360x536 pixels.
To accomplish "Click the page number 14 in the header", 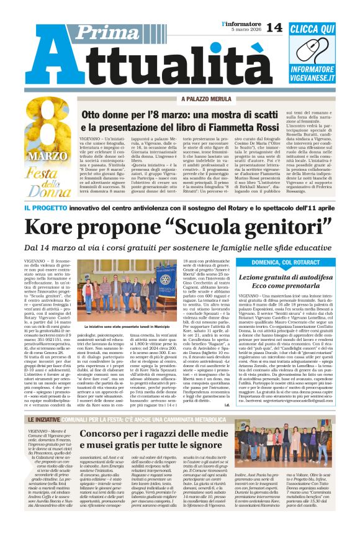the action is tap(274, 27).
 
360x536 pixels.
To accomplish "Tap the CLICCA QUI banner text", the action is tap(320, 29).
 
